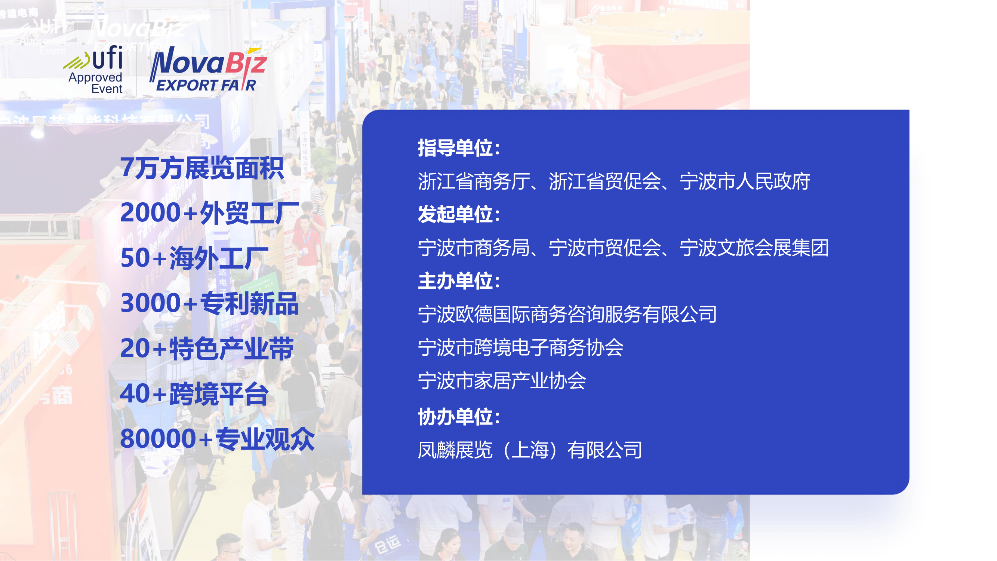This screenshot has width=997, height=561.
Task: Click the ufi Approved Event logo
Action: pos(93,70)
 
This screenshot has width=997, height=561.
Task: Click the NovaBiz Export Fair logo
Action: pos(208,70)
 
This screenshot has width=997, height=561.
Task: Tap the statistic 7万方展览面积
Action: pos(202,168)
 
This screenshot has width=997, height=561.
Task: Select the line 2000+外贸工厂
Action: pos(210,212)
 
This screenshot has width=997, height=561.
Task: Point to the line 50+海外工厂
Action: pos(195,258)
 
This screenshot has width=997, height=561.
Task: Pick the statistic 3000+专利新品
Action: pos(209,303)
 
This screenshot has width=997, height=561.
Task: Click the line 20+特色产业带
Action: pos(207,349)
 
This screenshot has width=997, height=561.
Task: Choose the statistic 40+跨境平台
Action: pos(194,394)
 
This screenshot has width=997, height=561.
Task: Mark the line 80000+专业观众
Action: pos(217,439)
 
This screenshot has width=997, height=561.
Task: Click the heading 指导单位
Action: pos(459,148)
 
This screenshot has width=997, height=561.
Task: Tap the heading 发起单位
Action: pos(459,214)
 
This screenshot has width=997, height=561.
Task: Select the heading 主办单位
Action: pos(459,281)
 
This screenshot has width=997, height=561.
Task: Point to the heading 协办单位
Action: pos(459,417)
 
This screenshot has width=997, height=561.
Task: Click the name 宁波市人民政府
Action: pos(745,181)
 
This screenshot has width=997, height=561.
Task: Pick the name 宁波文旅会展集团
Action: pos(754,248)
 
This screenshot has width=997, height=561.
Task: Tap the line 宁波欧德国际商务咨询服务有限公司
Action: pos(567,315)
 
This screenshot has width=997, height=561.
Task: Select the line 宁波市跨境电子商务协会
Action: pos(521,348)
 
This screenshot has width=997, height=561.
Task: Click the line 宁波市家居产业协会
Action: pos(502,381)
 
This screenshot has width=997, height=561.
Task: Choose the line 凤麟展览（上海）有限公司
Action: pos(530,450)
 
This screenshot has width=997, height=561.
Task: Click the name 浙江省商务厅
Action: pos(474,181)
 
